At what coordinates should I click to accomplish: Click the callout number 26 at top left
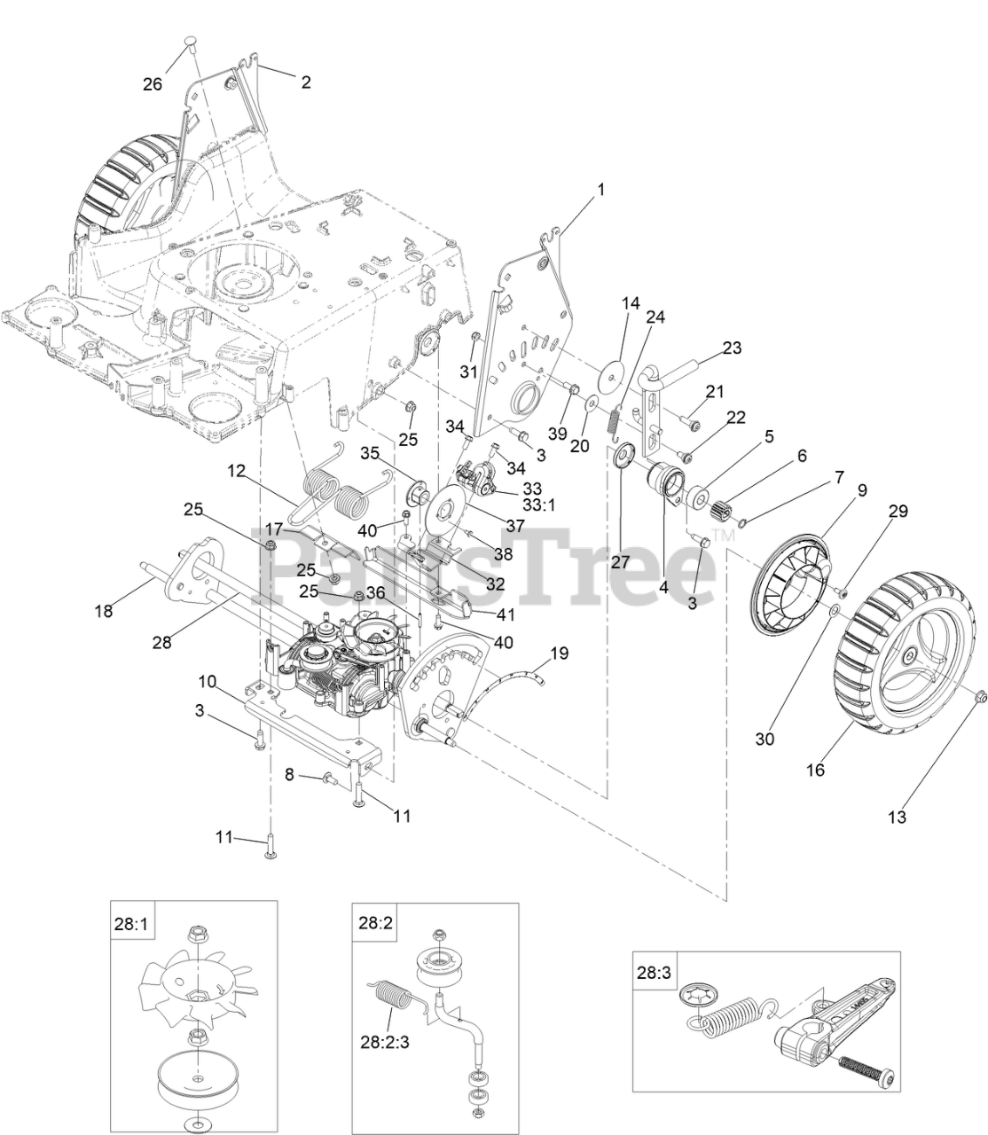(153, 83)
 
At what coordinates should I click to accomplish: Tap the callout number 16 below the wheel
(815, 770)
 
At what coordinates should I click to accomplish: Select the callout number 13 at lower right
(898, 818)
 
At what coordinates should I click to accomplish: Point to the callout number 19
(559, 654)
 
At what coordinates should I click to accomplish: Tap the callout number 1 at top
(600, 190)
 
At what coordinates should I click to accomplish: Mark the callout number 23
(731, 348)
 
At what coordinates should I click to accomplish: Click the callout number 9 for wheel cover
(836, 490)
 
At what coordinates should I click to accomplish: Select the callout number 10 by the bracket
(207, 682)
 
